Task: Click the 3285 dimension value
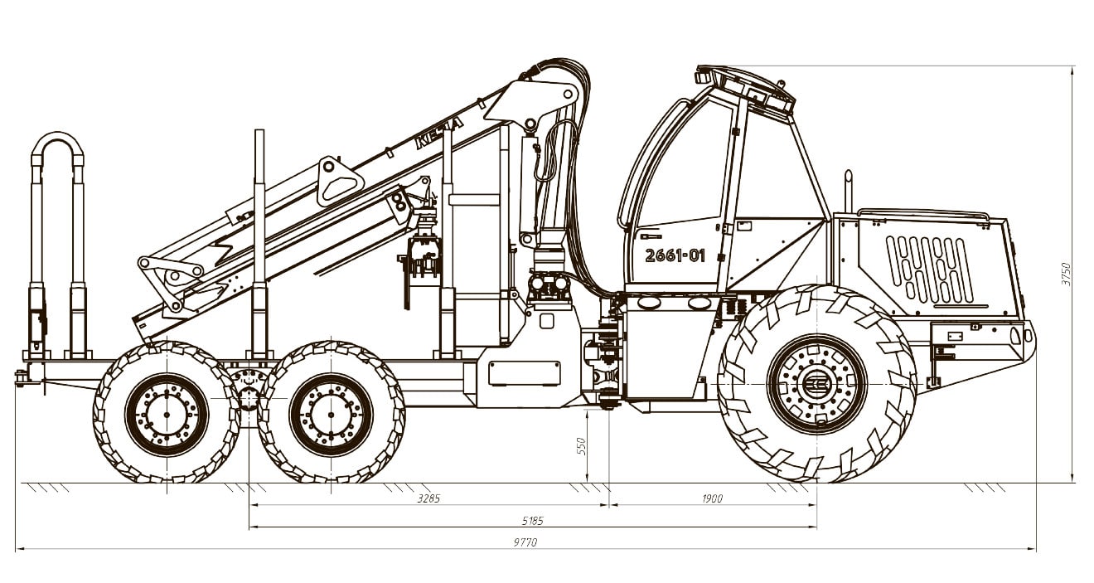coord(428,498)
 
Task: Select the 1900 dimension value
coord(712,498)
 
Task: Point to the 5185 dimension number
coord(532,521)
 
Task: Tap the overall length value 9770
coord(525,542)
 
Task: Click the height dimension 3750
coord(1065,274)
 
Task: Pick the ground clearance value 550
coord(581,446)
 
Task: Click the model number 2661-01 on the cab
coord(675,255)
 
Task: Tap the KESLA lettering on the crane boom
coord(438,132)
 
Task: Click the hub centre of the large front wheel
coord(816,384)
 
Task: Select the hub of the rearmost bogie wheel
coord(167,415)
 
